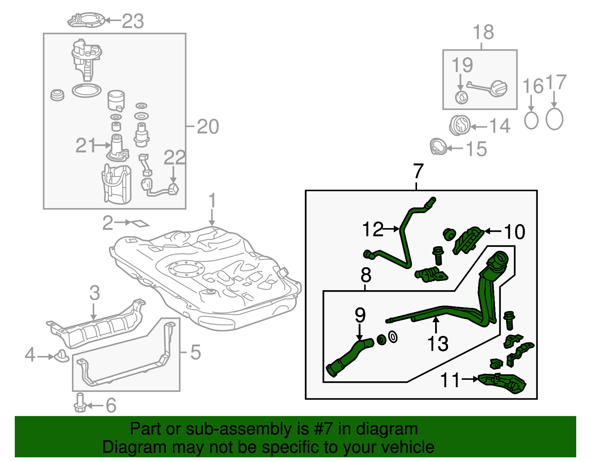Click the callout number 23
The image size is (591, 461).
click(133, 21)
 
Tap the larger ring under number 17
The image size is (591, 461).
click(554, 119)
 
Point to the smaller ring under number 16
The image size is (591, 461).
click(531, 120)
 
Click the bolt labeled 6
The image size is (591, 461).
click(80, 403)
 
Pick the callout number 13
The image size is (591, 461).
click(437, 344)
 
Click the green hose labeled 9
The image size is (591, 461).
click(349, 358)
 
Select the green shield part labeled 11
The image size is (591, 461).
click(502, 384)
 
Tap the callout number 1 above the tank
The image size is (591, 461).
click(212, 201)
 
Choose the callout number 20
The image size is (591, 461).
click(208, 127)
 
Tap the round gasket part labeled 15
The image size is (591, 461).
click(438, 147)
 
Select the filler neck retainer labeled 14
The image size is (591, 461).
click(460, 125)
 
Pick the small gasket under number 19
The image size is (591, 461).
click(461, 97)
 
